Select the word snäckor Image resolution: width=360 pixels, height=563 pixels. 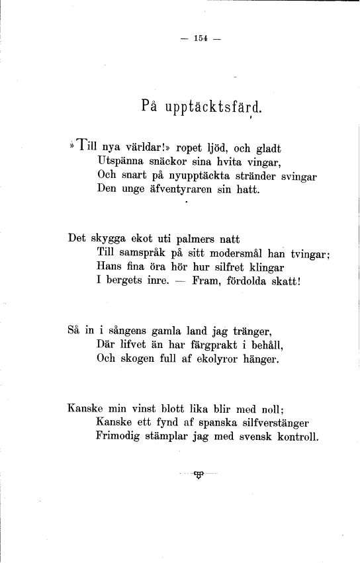(157, 161)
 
